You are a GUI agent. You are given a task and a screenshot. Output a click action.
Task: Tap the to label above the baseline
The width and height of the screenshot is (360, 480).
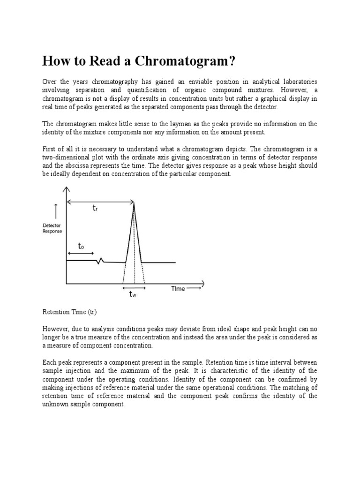coord(81,246)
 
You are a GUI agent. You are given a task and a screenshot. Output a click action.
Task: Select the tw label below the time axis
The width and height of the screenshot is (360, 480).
coord(133,294)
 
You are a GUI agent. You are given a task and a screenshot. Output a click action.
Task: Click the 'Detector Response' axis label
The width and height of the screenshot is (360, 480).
coord(52,228)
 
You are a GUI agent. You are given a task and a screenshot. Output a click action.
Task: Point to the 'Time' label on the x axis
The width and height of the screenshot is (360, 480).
coord(178,289)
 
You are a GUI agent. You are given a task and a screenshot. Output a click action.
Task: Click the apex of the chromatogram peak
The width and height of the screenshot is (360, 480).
coord(134,202)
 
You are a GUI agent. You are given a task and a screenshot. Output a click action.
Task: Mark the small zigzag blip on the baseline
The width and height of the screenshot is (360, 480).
coord(99,261)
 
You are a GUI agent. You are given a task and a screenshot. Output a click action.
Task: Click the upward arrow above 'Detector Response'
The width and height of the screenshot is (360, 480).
coord(56,211)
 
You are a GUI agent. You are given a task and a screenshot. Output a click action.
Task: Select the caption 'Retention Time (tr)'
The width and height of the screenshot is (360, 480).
coord(69,311)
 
